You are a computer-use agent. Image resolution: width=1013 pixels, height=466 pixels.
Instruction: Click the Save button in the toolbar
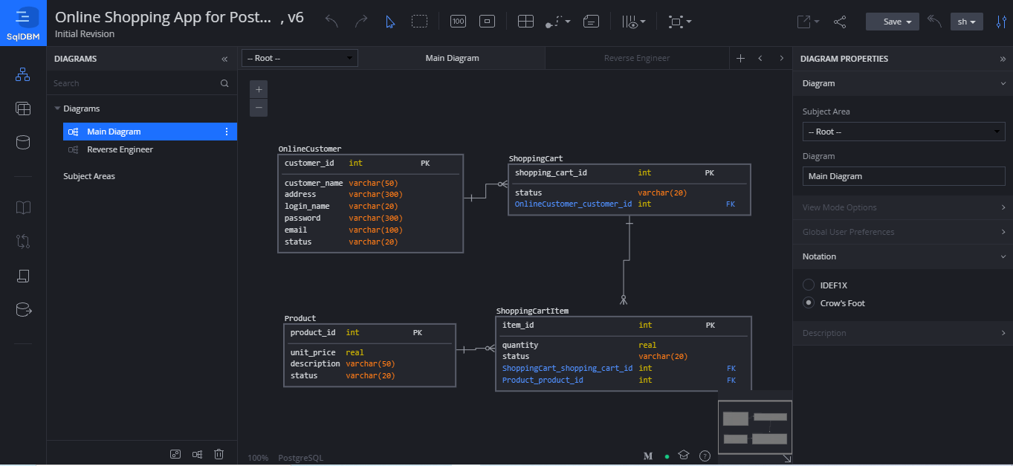click(x=892, y=22)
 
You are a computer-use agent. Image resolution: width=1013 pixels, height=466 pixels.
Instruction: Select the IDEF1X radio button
click(x=809, y=285)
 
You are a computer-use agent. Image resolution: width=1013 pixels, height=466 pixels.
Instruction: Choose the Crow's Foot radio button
click(x=809, y=303)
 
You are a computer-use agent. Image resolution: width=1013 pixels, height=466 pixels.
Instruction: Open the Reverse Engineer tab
click(x=636, y=58)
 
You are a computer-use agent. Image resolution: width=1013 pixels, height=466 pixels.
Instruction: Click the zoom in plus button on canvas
click(x=259, y=90)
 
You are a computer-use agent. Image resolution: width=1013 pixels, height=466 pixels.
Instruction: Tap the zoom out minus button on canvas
click(x=259, y=108)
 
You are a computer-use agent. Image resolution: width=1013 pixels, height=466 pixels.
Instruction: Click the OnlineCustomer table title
click(x=310, y=149)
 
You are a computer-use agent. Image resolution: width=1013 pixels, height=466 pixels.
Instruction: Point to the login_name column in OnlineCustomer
click(x=307, y=207)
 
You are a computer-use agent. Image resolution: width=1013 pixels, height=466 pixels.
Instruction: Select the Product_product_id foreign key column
click(x=543, y=380)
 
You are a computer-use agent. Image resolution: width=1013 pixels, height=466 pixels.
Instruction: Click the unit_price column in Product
click(x=312, y=352)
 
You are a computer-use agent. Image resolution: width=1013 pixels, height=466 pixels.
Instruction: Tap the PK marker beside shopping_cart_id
click(x=709, y=173)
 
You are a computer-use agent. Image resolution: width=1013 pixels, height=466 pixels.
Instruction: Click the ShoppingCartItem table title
click(x=532, y=311)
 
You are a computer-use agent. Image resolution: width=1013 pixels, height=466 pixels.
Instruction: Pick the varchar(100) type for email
click(x=375, y=230)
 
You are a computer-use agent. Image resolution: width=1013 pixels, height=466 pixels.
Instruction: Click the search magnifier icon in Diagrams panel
click(x=224, y=83)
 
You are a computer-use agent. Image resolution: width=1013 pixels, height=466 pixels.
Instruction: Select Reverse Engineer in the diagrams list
click(x=120, y=149)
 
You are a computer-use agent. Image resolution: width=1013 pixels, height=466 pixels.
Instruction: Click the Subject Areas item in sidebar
click(x=89, y=176)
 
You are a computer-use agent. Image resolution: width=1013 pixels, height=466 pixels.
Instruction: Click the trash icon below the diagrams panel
click(x=219, y=454)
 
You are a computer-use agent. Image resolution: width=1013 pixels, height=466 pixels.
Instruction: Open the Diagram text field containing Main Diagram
click(x=903, y=176)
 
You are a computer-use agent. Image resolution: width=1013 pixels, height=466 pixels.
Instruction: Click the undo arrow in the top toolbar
click(x=331, y=22)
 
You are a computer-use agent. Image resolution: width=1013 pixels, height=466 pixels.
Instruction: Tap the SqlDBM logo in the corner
click(x=23, y=23)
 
